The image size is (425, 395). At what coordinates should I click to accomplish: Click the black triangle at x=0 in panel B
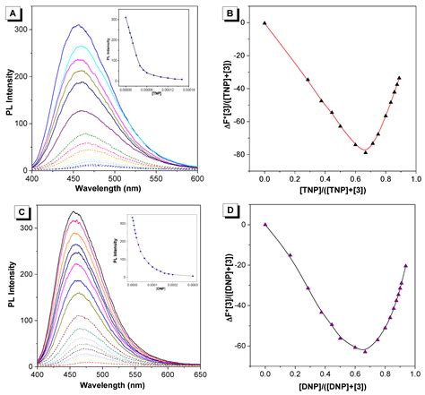(265, 22)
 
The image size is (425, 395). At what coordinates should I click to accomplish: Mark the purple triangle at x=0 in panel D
(265, 225)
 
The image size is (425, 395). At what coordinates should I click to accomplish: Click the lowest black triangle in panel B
(365, 151)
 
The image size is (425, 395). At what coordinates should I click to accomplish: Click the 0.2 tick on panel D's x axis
(295, 370)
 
